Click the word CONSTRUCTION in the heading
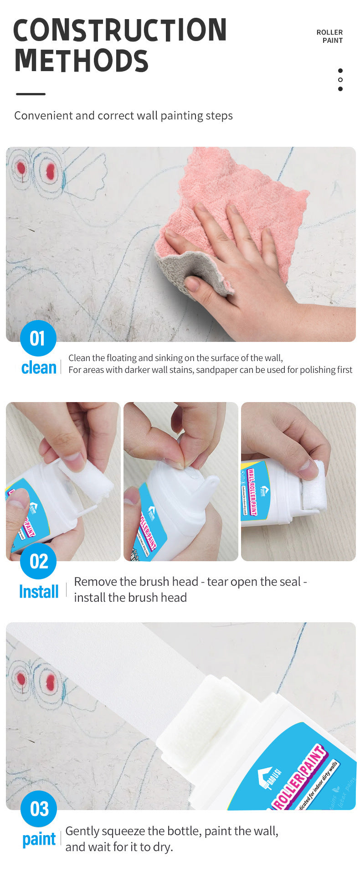[x=120, y=30]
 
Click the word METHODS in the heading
[x=81, y=61]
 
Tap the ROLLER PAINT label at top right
[x=329, y=36]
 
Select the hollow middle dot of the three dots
[x=340, y=80]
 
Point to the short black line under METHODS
[x=31, y=94]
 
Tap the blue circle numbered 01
[x=38, y=338]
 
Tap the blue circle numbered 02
[x=38, y=561]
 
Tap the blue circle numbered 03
[x=39, y=809]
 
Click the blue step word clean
[x=39, y=367]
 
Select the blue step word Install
[x=39, y=592]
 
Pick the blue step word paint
[x=39, y=839]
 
